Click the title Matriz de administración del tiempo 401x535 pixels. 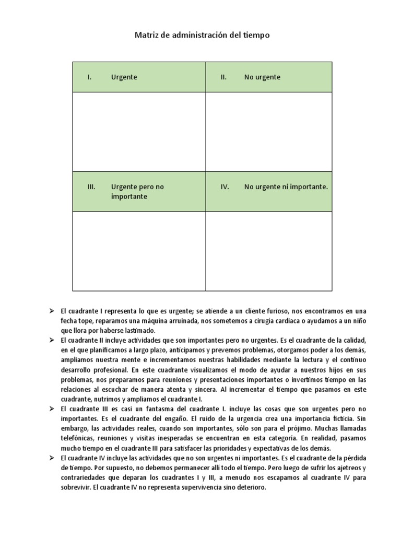click(203, 35)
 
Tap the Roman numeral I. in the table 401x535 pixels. click(90, 77)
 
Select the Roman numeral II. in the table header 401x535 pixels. click(223, 77)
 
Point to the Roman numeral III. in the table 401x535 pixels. click(91, 187)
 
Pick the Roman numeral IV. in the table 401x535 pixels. click(225, 187)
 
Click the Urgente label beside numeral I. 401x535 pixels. click(124, 77)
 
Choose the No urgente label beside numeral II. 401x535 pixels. click(262, 77)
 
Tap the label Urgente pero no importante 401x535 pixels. click(137, 191)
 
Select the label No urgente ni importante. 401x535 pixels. click(286, 187)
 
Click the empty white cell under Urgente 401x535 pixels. click(139, 132)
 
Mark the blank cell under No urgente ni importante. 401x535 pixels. click(268, 251)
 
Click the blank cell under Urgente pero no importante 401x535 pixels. click(139, 251)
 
